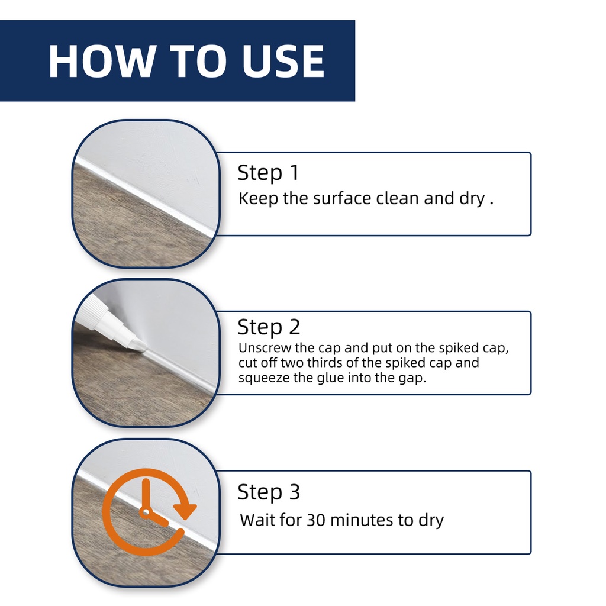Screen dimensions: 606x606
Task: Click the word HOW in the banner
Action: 101,61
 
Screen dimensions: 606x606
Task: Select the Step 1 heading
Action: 268,172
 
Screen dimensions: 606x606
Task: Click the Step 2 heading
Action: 269,327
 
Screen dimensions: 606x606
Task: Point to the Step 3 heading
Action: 269,492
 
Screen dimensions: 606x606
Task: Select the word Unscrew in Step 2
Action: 265,348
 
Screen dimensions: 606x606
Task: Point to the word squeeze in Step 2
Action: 264,378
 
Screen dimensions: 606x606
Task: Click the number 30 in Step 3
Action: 316,520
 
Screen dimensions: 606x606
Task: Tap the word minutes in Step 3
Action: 362,520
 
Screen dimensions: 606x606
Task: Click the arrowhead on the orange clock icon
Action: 185,511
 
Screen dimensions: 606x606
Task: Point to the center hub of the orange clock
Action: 146,512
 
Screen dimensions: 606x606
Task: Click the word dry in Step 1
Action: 472,199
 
